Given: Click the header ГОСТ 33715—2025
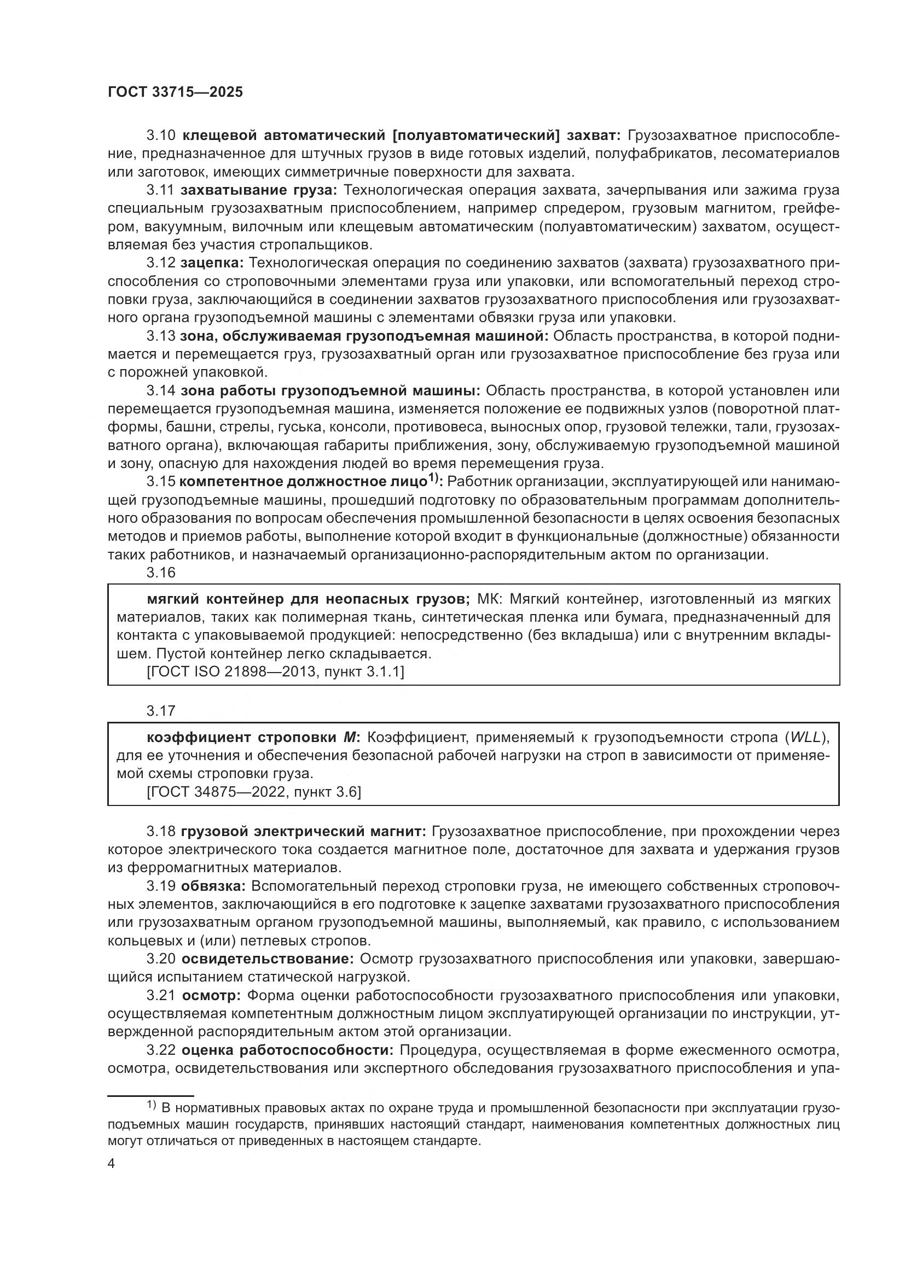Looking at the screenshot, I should (176, 92).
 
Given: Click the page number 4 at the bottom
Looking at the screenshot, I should (112, 1164).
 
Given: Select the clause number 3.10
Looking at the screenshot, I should (161, 136).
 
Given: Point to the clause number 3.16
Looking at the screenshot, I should (161, 573).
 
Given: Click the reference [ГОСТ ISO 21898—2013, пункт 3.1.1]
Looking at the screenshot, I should (275, 672).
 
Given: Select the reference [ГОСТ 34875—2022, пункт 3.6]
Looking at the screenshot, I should (254, 792).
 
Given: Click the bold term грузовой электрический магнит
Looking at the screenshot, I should (303, 832).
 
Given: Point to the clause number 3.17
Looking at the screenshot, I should (161, 711).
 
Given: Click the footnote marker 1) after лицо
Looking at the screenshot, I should (434, 478).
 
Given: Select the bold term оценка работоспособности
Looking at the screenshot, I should (288, 1050).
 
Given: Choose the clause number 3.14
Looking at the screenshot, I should (161, 390).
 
